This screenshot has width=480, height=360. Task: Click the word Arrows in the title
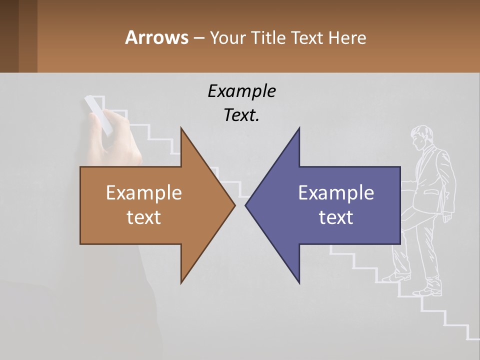point(156,37)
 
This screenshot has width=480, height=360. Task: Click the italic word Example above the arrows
point(241,91)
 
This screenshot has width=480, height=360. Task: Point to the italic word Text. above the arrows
point(241,115)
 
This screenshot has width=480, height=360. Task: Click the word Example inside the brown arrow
point(144,192)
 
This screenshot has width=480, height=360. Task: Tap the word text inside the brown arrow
point(144,217)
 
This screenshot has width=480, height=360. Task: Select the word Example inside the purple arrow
point(336,192)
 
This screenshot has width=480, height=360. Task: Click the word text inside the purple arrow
point(336,217)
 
